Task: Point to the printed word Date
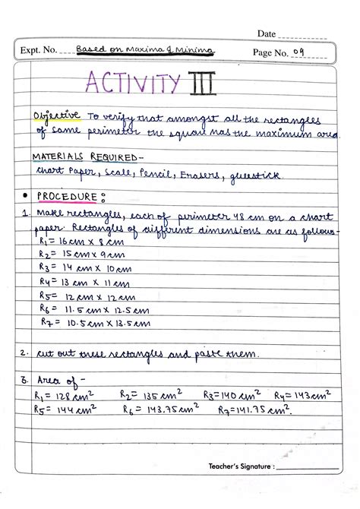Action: click(x=266, y=33)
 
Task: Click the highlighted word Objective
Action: click(x=56, y=115)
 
